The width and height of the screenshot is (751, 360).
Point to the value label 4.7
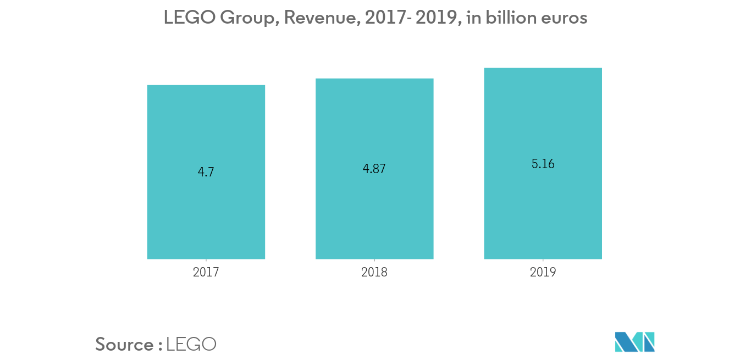tap(206, 172)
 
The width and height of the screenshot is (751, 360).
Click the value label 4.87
tap(374, 169)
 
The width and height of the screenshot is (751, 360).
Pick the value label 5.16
tap(543, 164)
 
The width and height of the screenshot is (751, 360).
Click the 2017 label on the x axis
tap(206, 272)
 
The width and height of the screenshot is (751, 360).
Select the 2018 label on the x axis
tap(374, 272)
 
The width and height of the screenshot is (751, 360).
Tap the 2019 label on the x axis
tap(543, 272)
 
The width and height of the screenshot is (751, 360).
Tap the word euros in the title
tap(565, 19)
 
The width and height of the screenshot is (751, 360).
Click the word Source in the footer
tap(125, 345)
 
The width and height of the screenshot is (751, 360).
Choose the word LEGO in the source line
tap(191, 345)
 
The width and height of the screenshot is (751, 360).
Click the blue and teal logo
tap(635, 342)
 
